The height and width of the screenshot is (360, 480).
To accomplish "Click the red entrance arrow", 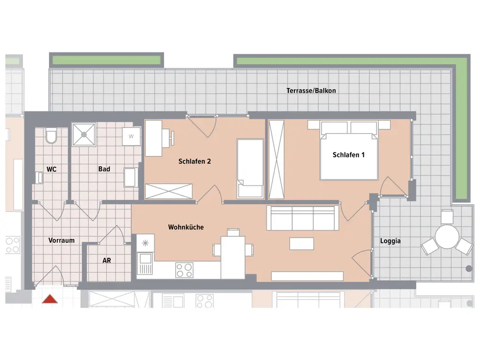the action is [50, 299].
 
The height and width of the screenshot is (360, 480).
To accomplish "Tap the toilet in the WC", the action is [51, 136].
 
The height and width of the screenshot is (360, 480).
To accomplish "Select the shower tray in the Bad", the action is [84, 135].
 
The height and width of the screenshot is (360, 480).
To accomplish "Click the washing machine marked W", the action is [131, 136].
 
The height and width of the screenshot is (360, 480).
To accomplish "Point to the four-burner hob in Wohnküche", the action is [184, 270].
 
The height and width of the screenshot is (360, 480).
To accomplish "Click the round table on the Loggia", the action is [447, 237].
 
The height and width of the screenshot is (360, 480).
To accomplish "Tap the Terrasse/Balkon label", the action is [311, 90].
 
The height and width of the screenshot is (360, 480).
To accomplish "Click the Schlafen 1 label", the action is [348, 155].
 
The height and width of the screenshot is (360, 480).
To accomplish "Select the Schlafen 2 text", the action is [195, 161].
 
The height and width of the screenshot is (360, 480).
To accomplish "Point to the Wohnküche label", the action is [186, 227].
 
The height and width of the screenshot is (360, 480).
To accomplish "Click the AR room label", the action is [106, 261].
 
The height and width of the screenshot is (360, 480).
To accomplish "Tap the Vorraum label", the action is [61, 240].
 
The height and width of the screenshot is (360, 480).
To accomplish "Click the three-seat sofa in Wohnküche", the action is [303, 218].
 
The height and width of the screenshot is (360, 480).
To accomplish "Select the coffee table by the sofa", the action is [301, 243].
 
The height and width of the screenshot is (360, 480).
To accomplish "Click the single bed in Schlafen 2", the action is [250, 168].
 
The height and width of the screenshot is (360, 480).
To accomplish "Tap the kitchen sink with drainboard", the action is [145, 263].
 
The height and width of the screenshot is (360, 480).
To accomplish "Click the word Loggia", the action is [390, 241].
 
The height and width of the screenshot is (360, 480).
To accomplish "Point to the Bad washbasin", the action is [129, 177].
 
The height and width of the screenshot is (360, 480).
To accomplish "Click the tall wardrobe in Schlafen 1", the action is [276, 159].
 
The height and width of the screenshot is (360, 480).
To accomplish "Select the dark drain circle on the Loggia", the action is [469, 269].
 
